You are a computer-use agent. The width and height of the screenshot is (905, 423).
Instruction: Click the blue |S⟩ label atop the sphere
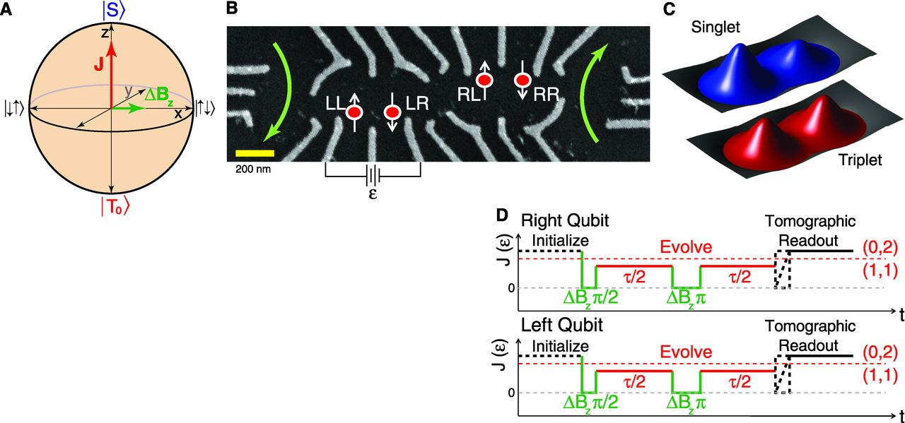111,11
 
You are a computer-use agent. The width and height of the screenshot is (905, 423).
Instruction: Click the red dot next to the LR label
391,112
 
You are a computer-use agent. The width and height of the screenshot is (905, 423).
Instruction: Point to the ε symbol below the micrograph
373,193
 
